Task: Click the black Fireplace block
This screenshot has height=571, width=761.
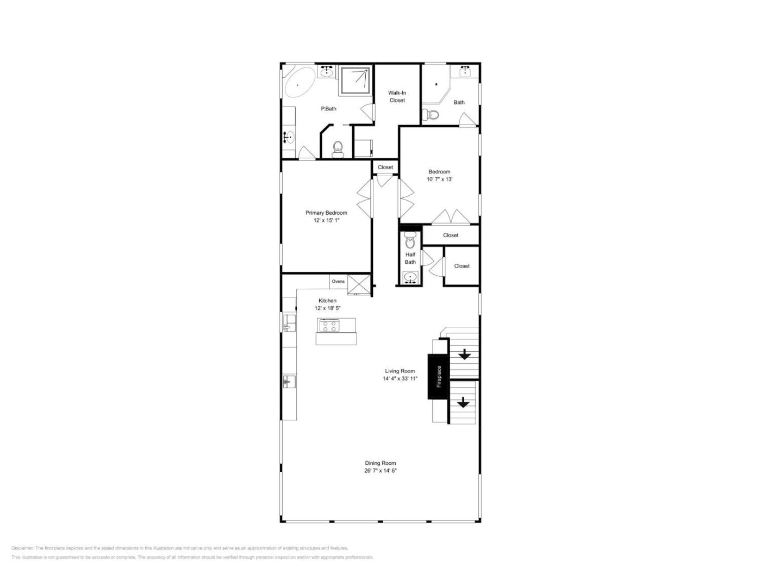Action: tap(439, 376)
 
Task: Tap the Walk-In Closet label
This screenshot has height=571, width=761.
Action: tap(397, 96)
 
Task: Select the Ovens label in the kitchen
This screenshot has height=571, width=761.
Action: tap(338, 281)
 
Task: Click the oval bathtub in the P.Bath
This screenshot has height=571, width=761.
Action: tap(300, 82)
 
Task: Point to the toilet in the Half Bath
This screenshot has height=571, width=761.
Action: tap(410, 240)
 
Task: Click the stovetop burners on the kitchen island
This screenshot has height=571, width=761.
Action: tap(329, 326)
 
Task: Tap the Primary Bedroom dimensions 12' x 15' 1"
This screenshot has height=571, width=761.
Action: tap(326, 220)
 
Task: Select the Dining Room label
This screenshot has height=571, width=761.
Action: tap(380, 463)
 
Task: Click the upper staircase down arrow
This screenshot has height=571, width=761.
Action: tap(464, 355)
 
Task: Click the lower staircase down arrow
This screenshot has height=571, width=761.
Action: tap(463, 402)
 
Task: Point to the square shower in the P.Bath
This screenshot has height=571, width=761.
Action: tap(355, 80)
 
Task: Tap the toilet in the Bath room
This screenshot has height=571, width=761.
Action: tap(431, 114)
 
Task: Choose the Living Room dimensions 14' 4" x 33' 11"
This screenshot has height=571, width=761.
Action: tap(400, 378)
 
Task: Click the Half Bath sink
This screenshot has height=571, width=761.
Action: tap(410, 278)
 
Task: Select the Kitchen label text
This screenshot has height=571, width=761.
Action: tap(327, 301)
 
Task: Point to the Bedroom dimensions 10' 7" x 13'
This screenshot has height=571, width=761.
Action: tap(439, 179)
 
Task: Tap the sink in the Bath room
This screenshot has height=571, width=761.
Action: tap(465, 72)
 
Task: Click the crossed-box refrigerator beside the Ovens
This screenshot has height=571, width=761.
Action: tap(359, 284)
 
